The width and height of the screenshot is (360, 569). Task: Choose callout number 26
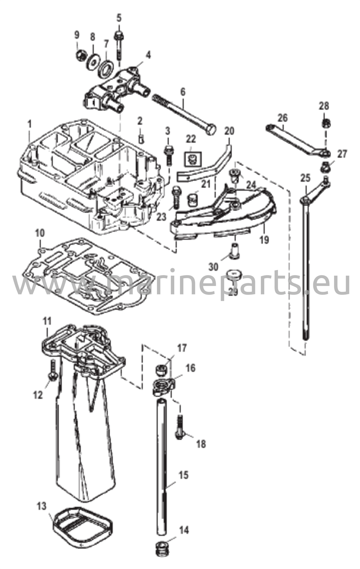[283, 118]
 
